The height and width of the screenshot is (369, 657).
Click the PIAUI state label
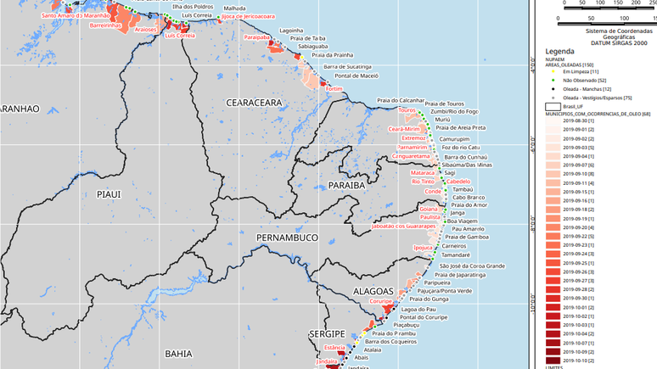click(x=109, y=194)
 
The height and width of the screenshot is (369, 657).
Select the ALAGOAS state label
click(x=374, y=291)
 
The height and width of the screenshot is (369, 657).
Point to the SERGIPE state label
click(x=328, y=333)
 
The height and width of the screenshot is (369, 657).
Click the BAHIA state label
click(x=178, y=353)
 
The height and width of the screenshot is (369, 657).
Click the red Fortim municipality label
click(x=334, y=88)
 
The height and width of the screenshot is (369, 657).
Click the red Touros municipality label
click(x=407, y=110)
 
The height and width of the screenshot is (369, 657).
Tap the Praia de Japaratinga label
click(x=459, y=275)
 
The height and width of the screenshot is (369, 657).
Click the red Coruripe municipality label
click(x=381, y=301)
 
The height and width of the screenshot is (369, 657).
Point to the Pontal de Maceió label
click(x=356, y=75)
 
